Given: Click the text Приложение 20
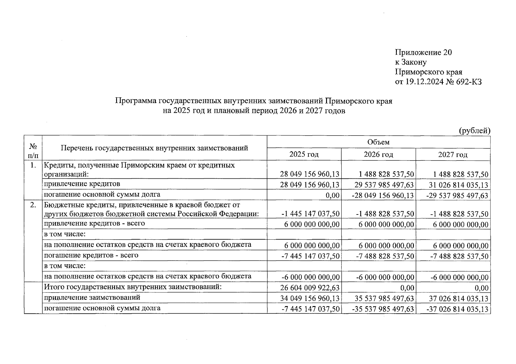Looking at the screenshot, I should point(423,52).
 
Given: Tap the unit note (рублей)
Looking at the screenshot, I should point(474,131).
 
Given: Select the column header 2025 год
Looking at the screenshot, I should point(304,154).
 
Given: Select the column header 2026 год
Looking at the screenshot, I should point(378,154).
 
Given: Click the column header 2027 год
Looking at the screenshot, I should point(453,154).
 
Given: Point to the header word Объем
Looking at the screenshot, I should point(378,142).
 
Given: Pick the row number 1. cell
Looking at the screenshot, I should point(33,166).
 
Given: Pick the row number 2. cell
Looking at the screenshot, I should point(33,205).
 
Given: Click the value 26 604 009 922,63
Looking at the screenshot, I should point(310,288).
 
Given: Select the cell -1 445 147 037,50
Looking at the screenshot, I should point(310,214).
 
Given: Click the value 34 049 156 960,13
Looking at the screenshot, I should point(310,298).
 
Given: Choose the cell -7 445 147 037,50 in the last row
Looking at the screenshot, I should point(310,309).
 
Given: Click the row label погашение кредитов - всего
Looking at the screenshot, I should point(91,255).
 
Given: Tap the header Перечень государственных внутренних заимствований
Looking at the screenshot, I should point(154,148).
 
